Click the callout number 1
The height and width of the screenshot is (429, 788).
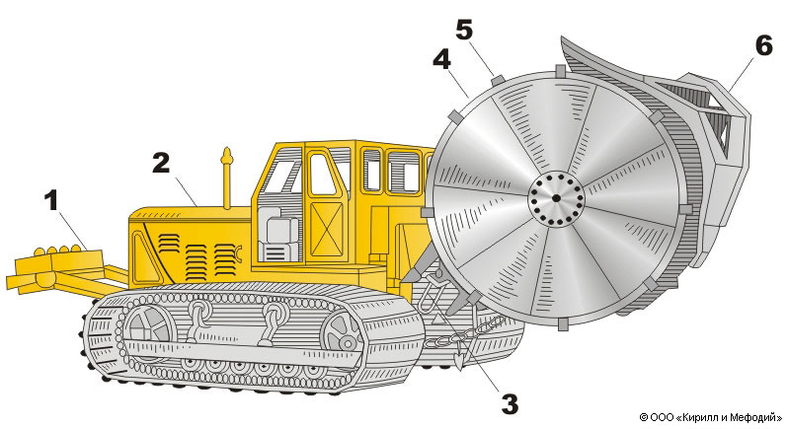(x=51, y=201)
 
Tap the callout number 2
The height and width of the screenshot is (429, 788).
(x=161, y=163)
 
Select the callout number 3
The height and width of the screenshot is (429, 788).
(x=510, y=404)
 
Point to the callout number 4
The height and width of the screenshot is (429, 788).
(x=441, y=60)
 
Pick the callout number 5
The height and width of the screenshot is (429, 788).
(x=464, y=31)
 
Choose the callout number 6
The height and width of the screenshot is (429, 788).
(x=764, y=46)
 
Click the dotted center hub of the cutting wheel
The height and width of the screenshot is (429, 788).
(x=556, y=198)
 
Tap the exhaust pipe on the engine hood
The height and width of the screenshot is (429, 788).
(x=227, y=179)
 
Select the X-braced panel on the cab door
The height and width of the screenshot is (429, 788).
(x=326, y=229)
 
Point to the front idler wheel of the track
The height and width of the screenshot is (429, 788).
(x=342, y=333)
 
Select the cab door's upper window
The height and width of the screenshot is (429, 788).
(x=323, y=175)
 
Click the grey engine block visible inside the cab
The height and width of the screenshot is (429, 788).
(x=277, y=234)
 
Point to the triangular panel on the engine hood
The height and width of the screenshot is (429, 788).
(x=147, y=261)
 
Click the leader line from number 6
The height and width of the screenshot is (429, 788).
(x=740, y=74)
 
